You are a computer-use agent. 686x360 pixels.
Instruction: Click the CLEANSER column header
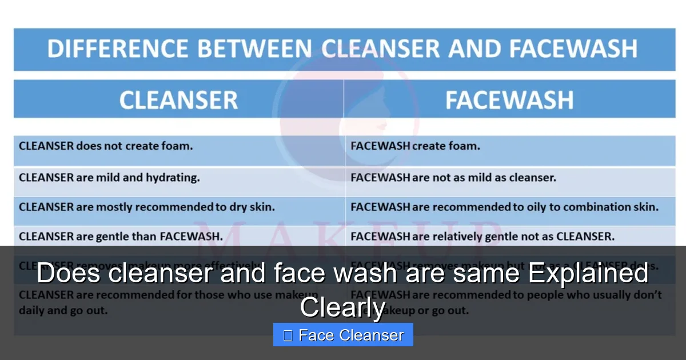point(178,100)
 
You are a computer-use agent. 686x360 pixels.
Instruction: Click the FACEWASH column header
point(509,100)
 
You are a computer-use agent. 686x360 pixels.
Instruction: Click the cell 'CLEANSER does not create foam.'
point(106,146)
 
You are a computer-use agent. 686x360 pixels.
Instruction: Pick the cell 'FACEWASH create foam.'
point(415,146)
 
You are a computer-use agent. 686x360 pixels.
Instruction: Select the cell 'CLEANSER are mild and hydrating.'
point(109,177)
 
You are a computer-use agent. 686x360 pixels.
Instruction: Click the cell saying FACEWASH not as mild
point(453,177)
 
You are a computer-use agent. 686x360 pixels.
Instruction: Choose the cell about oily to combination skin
point(504,207)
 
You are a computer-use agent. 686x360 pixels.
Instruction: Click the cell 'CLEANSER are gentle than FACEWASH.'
point(121,235)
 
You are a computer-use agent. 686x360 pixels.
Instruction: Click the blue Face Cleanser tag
point(343,335)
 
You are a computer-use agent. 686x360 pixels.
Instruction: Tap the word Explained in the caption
point(588,274)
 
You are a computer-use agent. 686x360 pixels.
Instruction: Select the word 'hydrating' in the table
point(176,177)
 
